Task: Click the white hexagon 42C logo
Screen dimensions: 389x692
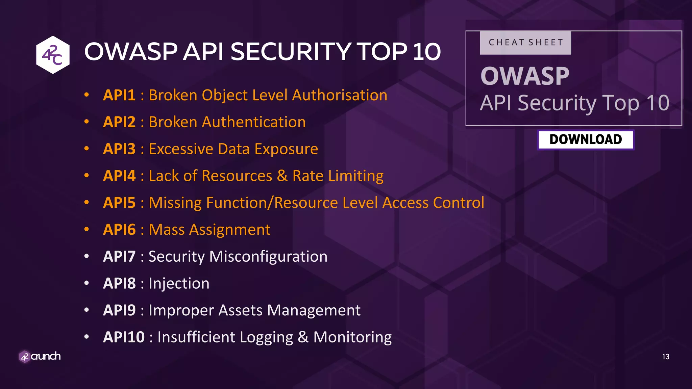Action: [53, 55]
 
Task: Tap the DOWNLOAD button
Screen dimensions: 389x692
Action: [586, 139]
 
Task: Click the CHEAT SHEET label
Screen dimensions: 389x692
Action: [525, 43]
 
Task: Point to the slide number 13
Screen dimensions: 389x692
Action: [666, 357]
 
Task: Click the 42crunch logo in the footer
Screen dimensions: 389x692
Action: [40, 356]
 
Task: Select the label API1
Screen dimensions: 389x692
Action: [119, 95]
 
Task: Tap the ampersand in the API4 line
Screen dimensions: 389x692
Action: [282, 176]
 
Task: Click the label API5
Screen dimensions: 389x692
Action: [119, 203]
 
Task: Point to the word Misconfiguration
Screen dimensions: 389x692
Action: [268, 257]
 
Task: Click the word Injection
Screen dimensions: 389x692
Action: [179, 284]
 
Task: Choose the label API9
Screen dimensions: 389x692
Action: [119, 310]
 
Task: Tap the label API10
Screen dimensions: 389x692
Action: [124, 337]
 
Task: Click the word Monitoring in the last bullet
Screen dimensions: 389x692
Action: [352, 337]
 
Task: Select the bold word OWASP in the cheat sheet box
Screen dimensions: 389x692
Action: [525, 76]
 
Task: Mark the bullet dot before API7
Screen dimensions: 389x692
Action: [87, 256]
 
